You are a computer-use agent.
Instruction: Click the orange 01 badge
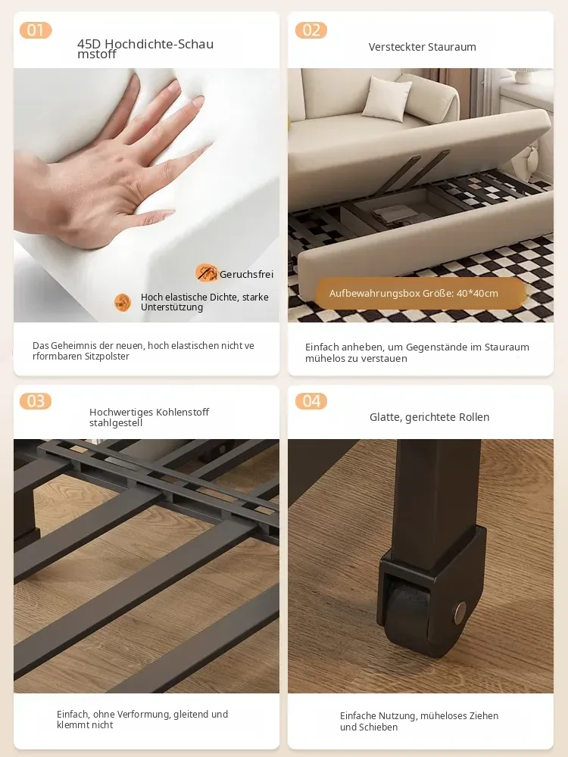coord(36,30)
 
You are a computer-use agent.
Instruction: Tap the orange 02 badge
coord(311,30)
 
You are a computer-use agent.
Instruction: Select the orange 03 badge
coord(36,400)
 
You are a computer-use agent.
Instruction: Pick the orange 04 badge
coord(311,400)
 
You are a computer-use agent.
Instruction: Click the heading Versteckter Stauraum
coord(422,47)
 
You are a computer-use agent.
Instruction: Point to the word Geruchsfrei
coord(246,274)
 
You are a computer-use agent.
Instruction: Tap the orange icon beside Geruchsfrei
coord(206,273)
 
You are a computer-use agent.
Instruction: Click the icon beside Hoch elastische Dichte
coord(123,303)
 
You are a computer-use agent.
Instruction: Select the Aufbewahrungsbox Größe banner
coord(420,293)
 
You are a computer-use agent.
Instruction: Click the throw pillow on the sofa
coord(386,98)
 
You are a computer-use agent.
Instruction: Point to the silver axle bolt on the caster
coord(460,612)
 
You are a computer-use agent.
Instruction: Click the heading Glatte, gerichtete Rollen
coord(429,417)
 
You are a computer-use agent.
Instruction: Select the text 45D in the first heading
coord(89,44)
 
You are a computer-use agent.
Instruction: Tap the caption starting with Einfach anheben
coord(417,353)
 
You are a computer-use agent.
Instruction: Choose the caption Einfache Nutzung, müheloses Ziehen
coord(420,721)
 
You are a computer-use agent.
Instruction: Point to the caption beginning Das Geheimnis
coord(143,351)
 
